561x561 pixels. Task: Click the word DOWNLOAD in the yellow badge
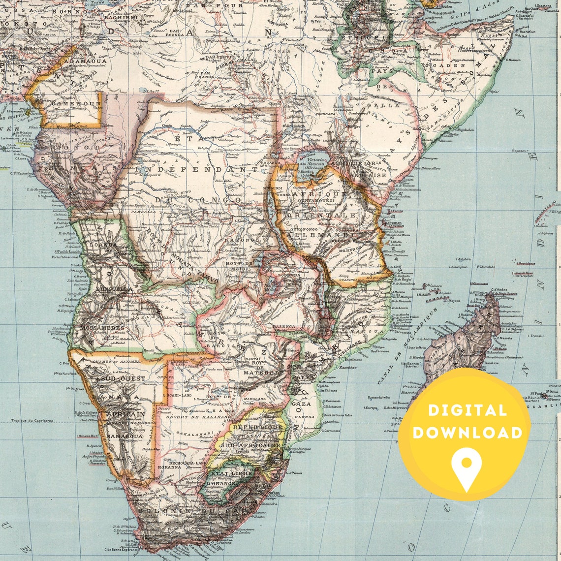[467, 433]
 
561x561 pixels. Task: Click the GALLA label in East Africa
[387, 105]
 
